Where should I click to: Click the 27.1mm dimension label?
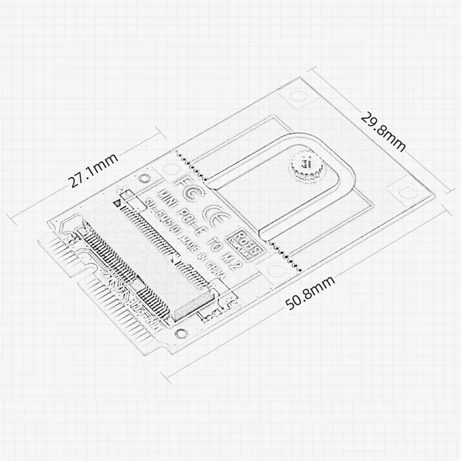(93, 171)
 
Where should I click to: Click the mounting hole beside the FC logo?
(169, 169)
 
